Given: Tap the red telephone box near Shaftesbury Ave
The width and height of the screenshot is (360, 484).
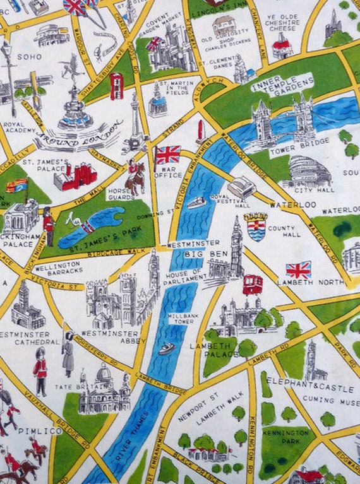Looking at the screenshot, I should click(x=116, y=86).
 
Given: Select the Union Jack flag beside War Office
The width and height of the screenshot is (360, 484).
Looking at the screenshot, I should click(x=167, y=154).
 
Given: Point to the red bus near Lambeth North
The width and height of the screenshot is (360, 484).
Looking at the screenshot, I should click(x=253, y=283).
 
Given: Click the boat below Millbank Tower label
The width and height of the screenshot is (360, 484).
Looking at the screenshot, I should click(x=166, y=348).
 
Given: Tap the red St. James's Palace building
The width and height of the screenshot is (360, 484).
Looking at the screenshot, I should click(x=75, y=177).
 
